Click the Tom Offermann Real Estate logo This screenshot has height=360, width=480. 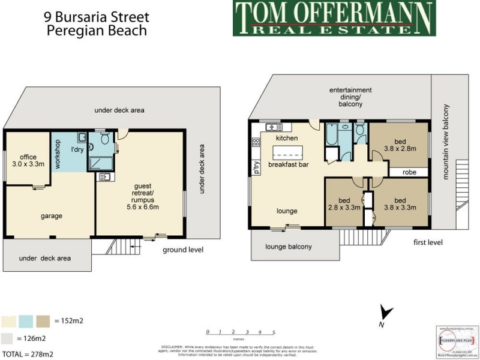(333, 19)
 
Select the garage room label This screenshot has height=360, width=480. (52, 216)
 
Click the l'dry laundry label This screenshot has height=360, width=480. (77, 149)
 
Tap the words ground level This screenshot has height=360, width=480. (183, 250)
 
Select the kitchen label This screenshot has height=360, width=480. (286, 139)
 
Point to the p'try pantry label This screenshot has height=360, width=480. (256, 167)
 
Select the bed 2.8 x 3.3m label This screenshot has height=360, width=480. (344, 204)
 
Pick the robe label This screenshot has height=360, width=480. (410, 172)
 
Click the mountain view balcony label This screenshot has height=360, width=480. (445, 142)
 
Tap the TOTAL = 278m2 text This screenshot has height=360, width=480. (28, 353)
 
